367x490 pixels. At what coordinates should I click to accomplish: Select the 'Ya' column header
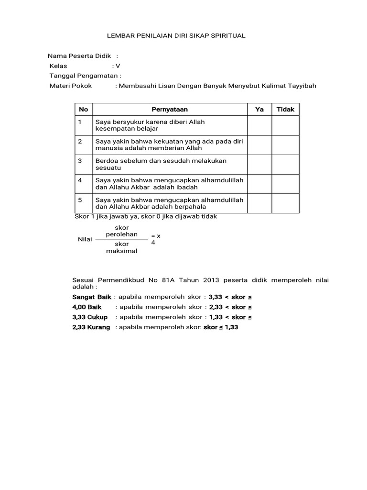[x=259, y=109]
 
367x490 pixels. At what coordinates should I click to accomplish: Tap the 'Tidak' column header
[x=286, y=109]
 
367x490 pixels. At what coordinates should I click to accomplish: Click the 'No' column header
[x=84, y=109]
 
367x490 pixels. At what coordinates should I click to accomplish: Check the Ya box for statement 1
[x=259, y=125]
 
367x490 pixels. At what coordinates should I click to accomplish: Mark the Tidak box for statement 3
[x=286, y=164]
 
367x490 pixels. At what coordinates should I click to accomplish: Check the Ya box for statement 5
[x=259, y=203]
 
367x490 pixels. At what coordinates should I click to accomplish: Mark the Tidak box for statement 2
[x=286, y=145]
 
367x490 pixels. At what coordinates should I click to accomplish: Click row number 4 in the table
[x=81, y=180]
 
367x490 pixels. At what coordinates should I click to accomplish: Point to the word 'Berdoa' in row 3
[x=106, y=161]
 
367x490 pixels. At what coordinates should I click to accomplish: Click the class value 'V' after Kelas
[x=118, y=66]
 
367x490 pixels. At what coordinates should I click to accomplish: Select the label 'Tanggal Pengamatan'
[x=84, y=76]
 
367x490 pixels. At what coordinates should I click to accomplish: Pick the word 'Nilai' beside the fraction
[x=85, y=239]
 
